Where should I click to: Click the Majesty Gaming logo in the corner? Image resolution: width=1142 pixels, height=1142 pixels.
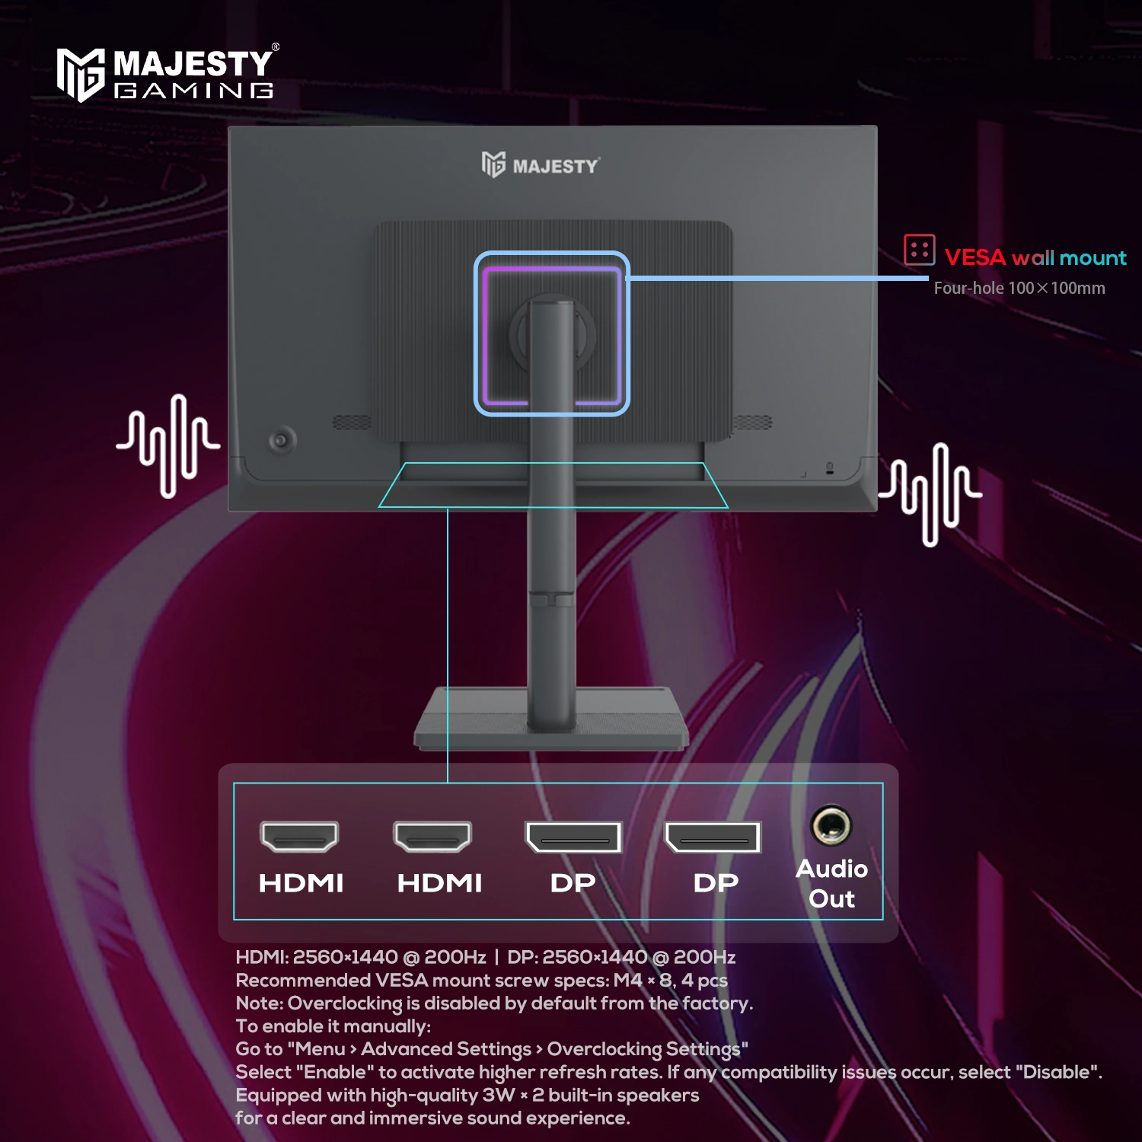point(166,74)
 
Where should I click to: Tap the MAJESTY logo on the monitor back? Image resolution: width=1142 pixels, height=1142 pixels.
point(541,164)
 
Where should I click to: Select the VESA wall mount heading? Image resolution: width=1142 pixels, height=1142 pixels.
point(1035,257)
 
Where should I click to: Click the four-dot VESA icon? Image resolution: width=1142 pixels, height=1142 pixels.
point(919,250)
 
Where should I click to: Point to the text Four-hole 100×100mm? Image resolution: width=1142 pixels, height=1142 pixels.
point(1019,289)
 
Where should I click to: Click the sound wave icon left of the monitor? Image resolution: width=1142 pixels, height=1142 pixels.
point(168,446)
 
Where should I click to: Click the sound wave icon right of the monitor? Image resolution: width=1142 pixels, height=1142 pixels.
point(930,494)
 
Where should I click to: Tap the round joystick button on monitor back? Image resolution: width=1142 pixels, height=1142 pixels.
point(282,440)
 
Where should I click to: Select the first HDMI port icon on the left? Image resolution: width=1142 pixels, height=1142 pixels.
point(299,837)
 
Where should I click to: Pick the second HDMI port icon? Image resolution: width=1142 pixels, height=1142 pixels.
point(432,837)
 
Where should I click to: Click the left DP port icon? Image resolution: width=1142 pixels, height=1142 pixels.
point(574,837)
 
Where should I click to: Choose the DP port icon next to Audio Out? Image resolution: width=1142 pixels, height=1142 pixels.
point(713,837)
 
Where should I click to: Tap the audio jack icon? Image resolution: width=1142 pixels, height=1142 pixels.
point(831,825)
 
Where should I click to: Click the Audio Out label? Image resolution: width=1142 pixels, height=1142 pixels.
point(831,884)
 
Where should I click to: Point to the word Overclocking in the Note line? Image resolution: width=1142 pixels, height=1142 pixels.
point(345,1003)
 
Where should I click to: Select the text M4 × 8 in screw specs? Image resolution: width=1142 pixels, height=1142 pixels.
point(643,980)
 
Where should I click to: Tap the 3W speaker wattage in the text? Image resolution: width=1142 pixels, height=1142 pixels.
point(499,1095)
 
